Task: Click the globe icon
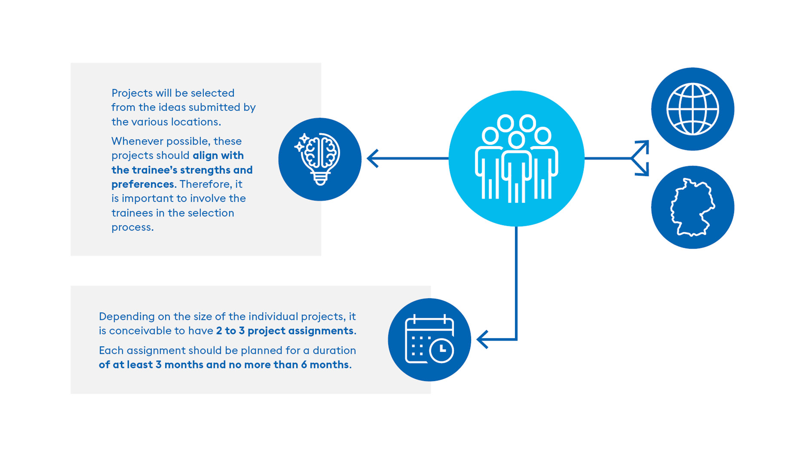pyautogui.click(x=692, y=109)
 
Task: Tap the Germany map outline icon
pyautogui.click(x=692, y=207)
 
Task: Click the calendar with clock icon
pyautogui.click(x=429, y=339)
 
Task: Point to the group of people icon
pyautogui.click(x=517, y=158)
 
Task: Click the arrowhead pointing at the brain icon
pyautogui.click(x=373, y=158)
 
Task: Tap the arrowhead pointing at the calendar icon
pyautogui.click(x=482, y=339)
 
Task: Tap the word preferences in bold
pyautogui.click(x=143, y=185)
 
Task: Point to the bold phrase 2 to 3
pyautogui.click(x=230, y=331)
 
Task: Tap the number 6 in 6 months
pyautogui.click(x=304, y=365)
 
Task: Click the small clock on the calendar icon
pyautogui.click(x=441, y=350)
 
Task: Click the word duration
pyautogui.click(x=334, y=351)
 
